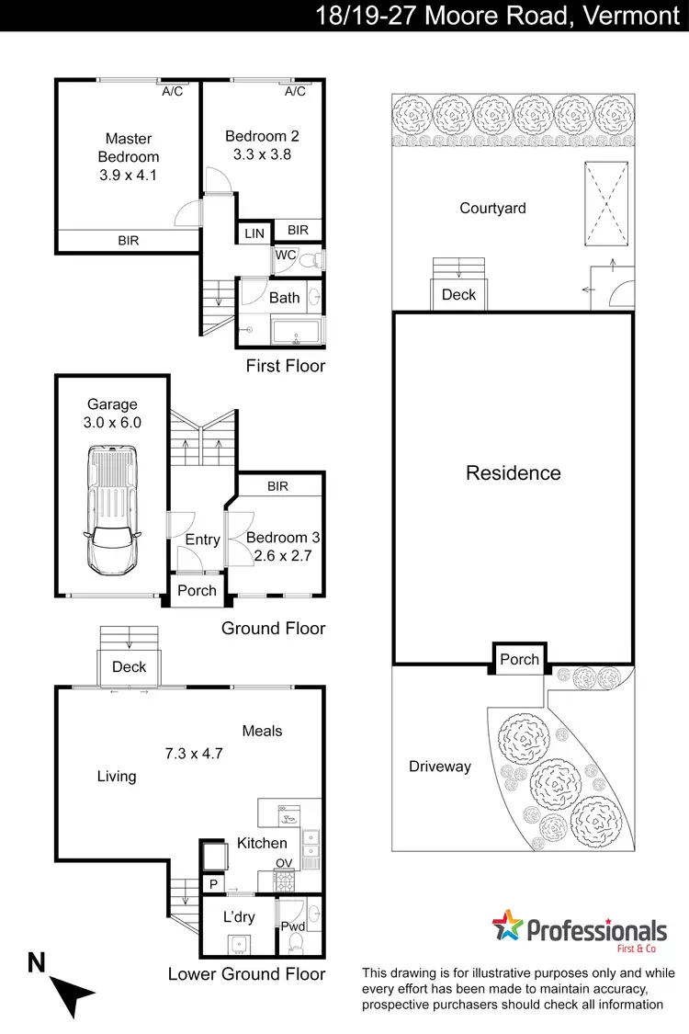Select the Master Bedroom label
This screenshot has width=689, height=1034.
click(x=129, y=148)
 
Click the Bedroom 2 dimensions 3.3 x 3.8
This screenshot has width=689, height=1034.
click(x=262, y=154)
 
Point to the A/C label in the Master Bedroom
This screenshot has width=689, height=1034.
click(x=172, y=92)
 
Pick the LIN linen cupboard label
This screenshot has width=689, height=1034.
click(x=254, y=234)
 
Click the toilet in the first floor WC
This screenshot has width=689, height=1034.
click(x=312, y=261)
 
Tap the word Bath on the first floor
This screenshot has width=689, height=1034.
click(x=284, y=297)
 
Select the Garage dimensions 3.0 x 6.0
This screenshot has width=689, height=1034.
click(x=112, y=422)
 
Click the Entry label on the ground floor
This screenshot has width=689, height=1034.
click(x=202, y=540)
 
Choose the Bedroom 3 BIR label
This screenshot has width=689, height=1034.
click(x=277, y=485)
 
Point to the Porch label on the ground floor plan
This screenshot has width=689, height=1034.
click(x=197, y=591)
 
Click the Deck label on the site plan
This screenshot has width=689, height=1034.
click(x=458, y=294)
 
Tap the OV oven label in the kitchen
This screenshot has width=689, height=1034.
click(x=283, y=862)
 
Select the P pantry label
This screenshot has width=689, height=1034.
click(x=212, y=883)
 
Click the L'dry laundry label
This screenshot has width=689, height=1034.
click(x=239, y=916)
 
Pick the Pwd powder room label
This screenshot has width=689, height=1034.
click(x=293, y=926)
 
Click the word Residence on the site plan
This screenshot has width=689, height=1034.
click(x=513, y=472)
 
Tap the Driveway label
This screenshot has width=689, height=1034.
click(x=439, y=766)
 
